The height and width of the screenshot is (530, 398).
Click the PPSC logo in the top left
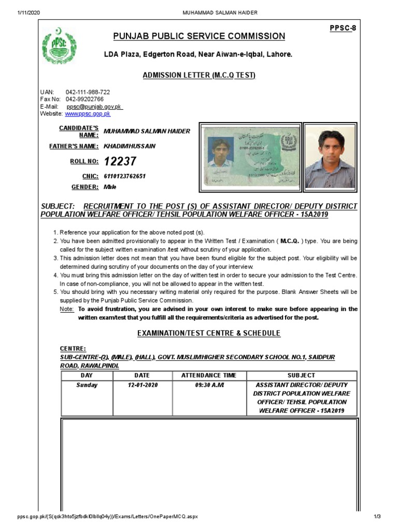pos(59,46)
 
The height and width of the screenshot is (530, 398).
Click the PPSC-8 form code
pos(343,27)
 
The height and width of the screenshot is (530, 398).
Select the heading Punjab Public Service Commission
pos(200,36)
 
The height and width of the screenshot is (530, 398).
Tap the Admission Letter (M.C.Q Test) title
pos(199,76)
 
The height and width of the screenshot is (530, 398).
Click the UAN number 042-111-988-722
pos(88,92)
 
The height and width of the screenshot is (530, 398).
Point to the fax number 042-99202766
pos(84,99)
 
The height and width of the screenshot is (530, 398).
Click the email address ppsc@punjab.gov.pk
pos(94,106)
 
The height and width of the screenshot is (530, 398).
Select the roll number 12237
pos(120,162)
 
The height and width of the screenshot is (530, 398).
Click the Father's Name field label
pos(73,146)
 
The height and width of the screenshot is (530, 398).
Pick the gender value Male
pos(110,187)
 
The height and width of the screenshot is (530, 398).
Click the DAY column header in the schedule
pos(87,375)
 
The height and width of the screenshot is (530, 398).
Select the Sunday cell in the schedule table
pos(87,386)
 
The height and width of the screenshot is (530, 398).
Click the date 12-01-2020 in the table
pos(143,386)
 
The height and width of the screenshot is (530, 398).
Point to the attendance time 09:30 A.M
pos(209,386)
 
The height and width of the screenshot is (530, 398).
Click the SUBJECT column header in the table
pos(301,375)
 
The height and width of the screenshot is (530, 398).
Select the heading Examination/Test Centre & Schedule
pos(208,333)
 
